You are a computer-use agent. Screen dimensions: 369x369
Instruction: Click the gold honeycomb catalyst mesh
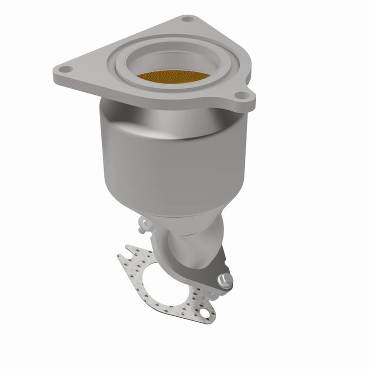coord(173,77)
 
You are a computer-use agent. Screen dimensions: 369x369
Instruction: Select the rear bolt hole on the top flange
coord(188,19)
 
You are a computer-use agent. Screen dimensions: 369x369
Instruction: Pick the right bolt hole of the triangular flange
coord(239,95)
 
